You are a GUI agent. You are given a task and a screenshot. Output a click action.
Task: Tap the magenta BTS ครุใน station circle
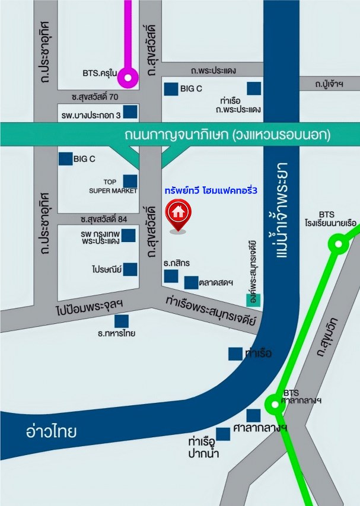click(x=128, y=77)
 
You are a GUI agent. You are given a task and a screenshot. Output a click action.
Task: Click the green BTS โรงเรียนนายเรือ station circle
click(x=338, y=243)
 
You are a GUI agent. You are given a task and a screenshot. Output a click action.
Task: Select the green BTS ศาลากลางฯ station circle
click(x=273, y=405)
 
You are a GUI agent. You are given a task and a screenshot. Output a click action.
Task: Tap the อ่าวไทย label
click(x=51, y=431)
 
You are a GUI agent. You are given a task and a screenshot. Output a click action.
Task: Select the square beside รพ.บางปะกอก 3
click(x=130, y=112)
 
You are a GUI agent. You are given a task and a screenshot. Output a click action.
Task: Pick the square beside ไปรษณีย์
click(x=130, y=269)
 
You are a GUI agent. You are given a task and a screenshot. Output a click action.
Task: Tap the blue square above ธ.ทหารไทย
click(x=122, y=321)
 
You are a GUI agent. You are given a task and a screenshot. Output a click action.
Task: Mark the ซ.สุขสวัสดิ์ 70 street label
click(x=95, y=96)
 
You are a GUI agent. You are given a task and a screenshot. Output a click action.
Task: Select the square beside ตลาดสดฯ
click(x=191, y=282)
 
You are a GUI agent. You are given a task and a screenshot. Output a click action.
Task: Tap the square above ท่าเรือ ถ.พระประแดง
click(x=254, y=88)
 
